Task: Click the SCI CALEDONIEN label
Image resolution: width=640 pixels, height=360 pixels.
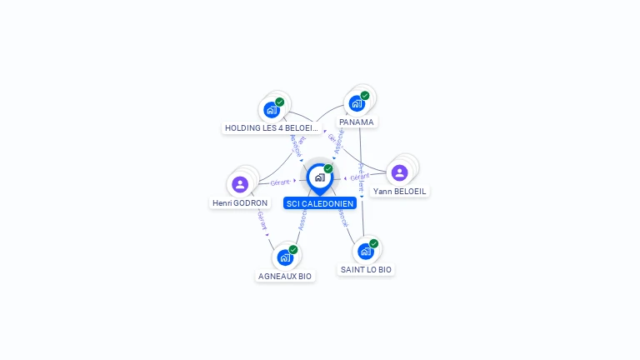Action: [x=320, y=203]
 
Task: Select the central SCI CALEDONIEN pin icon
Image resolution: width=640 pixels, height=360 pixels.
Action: [x=319, y=177]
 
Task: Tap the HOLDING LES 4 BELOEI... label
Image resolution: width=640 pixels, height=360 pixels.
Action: [x=272, y=128]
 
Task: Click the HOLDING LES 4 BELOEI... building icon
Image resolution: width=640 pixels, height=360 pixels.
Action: [x=272, y=109]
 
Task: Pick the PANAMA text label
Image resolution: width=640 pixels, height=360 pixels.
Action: [x=357, y=122]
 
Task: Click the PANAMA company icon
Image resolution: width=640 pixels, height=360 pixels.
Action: [x=357, y=103]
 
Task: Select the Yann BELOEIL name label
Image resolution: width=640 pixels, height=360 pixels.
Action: [x=400, y=191]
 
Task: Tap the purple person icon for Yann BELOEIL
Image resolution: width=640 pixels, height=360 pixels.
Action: [x=400, y=172]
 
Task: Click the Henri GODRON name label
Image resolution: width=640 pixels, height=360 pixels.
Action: [x=240, y=202]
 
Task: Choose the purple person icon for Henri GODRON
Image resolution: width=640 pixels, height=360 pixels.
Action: [x=240, y=184]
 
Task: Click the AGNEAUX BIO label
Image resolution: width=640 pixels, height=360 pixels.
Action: [x=285, y=276]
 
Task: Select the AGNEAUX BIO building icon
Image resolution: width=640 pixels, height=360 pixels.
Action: [x=285, y=257]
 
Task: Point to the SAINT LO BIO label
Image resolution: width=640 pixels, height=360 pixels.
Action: [x=366, y=269]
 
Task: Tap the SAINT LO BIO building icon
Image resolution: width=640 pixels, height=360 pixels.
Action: [x=366, y=251]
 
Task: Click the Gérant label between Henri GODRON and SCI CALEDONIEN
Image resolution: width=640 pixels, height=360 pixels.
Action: [x=280, y=182]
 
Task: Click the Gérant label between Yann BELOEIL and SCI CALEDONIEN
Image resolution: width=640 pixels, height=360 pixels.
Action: [x=360, y=177]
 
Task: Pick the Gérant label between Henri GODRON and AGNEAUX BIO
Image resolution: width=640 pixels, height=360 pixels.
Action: [x=262, y=221]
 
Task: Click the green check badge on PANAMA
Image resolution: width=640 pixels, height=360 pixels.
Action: [x=365, y=96]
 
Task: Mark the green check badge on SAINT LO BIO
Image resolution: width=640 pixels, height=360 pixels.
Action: [x=374, y=243]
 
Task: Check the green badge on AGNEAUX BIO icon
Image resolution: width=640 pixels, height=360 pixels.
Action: [x=293, y=249]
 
